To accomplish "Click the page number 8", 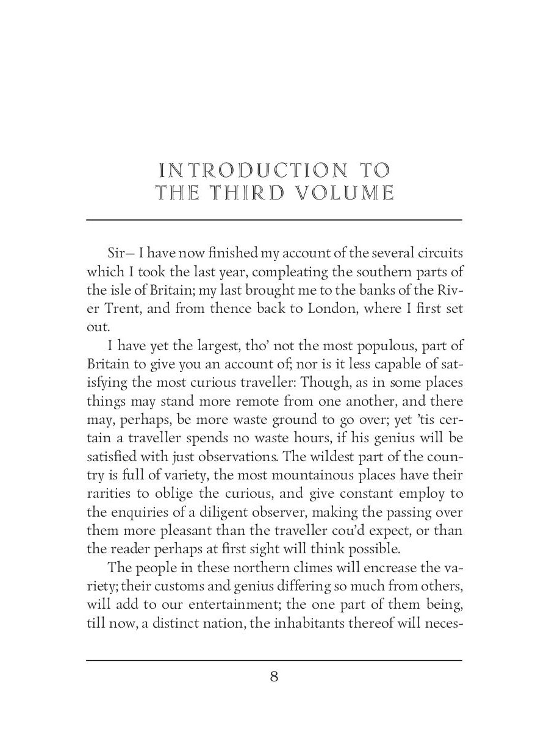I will [x=274, y=677].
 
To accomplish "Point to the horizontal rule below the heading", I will [x=274, y=220].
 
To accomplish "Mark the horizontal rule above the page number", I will [x=274, y=660].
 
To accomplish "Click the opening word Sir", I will [x=117, y=253].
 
